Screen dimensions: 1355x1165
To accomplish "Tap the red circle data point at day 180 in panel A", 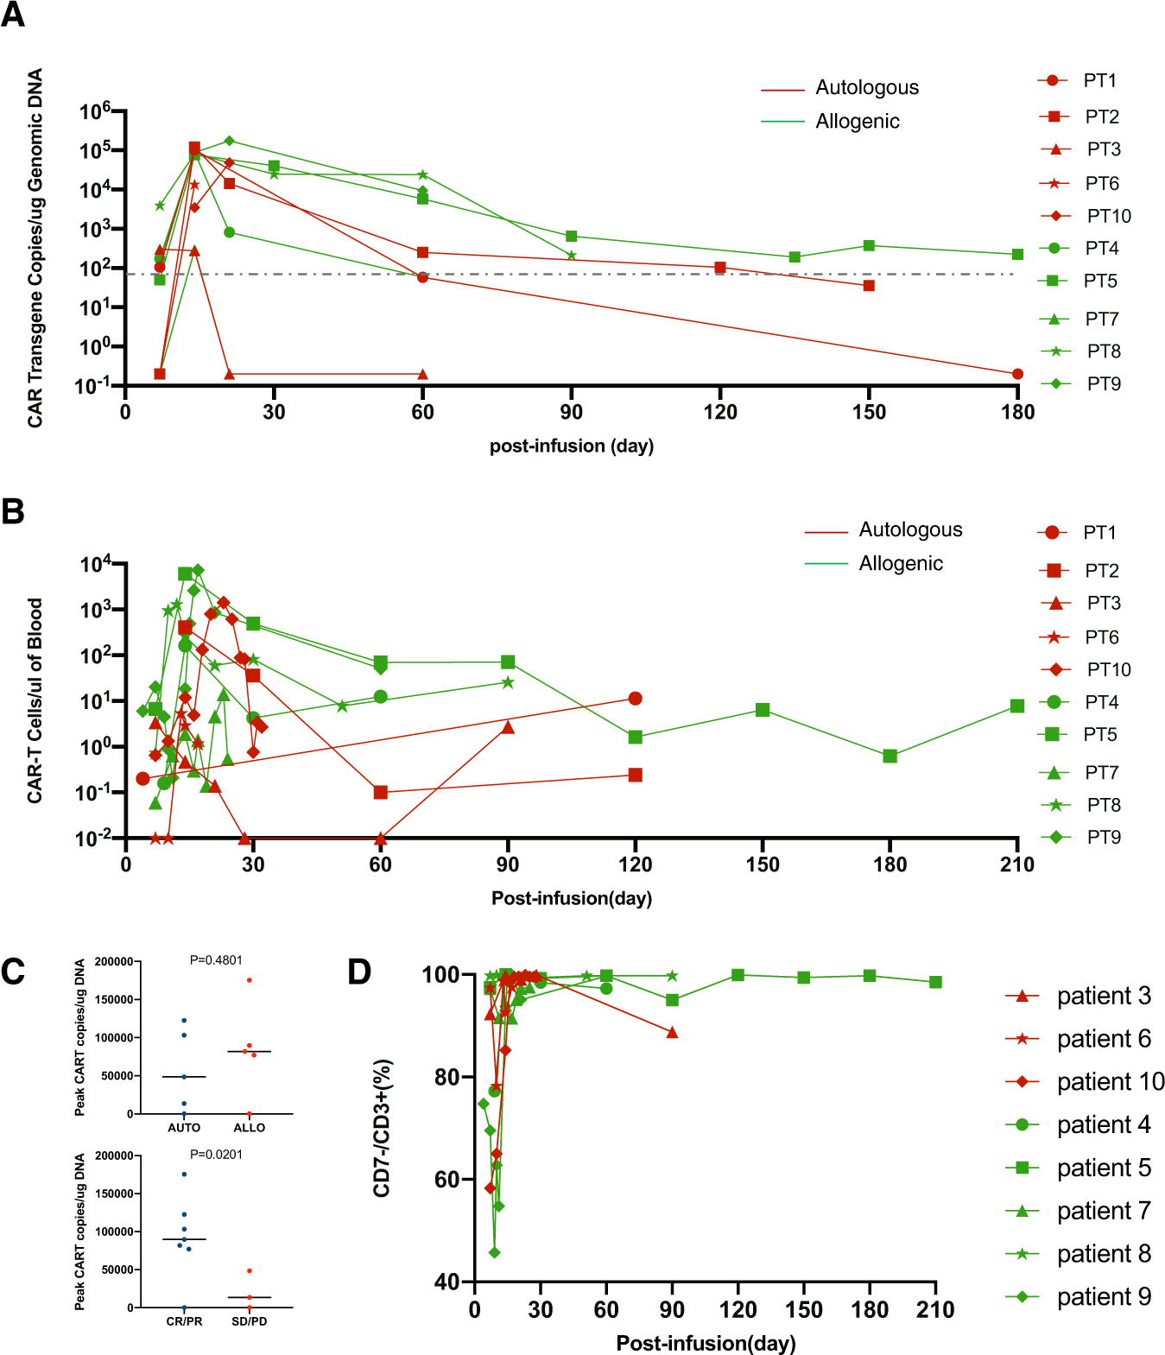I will pyautogui.click(x=1017, y=374).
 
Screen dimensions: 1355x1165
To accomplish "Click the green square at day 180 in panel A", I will pyautogui.click(x=1017, y=255).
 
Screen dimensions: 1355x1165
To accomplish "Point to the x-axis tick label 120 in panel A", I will pyautogui.click(x=720, y=412).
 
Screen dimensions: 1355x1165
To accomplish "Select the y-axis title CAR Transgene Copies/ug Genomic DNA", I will pyautogui.click(x=35, y=248).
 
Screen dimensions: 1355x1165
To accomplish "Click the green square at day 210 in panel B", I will pyautogui.click(x=1017, y=706).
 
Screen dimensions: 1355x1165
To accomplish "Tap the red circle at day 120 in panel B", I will pyautogui.click(x=636, y=699).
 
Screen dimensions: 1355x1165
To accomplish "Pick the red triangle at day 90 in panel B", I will pyautogui.click(x=508, y=727).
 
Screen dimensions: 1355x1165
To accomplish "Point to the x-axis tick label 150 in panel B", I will pyautogui.click(x=763, y=864).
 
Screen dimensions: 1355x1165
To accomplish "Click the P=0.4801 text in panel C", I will pyautogui.click(x=216, y=959).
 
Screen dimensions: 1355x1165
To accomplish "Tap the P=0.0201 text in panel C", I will pyautogui.click(x=216, y=1154).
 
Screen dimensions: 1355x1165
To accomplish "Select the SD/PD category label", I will pyautogui.click(x=249, y=1321).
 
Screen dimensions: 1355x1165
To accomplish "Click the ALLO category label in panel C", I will pyautogui.click(x=249, y=1127).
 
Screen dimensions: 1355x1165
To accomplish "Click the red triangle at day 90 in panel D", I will pyautogui.click(x=672, y=1032).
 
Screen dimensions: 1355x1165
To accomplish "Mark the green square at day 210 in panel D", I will pyautogui.click(x=935, y=982).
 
